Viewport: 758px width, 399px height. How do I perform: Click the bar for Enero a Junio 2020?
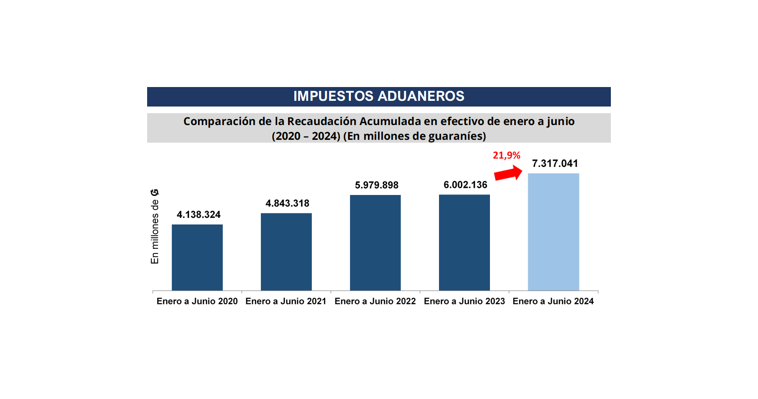click(x=197, y=257)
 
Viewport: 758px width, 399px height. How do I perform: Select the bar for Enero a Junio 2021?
click(x=286, y=252)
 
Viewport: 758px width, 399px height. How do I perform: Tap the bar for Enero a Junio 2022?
click(x=375, y=243)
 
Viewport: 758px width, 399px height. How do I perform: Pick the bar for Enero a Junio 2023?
click(x=464, y=243)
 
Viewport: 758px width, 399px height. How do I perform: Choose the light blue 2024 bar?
click(x=553, y=232)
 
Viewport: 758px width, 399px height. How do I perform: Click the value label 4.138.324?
click(x=199, y=215)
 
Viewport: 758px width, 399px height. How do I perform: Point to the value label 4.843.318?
click(x=287, y=204)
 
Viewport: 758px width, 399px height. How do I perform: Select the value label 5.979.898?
click(x=377, y=185)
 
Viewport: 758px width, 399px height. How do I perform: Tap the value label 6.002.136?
click(x=465, y=185)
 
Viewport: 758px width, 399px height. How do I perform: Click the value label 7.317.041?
click(x=555, y=164)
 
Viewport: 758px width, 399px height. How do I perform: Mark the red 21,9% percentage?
click(x=506, y=156)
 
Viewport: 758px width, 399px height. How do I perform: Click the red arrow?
click(x=508, y=173)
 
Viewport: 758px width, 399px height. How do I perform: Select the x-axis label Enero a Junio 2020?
click(x=197, y=302)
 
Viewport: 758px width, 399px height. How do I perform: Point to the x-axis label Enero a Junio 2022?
click(x=375, y=302)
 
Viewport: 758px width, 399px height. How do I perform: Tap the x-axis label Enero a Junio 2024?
click(x=553, y=302)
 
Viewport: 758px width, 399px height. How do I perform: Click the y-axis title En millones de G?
click(x=155, y=226)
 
